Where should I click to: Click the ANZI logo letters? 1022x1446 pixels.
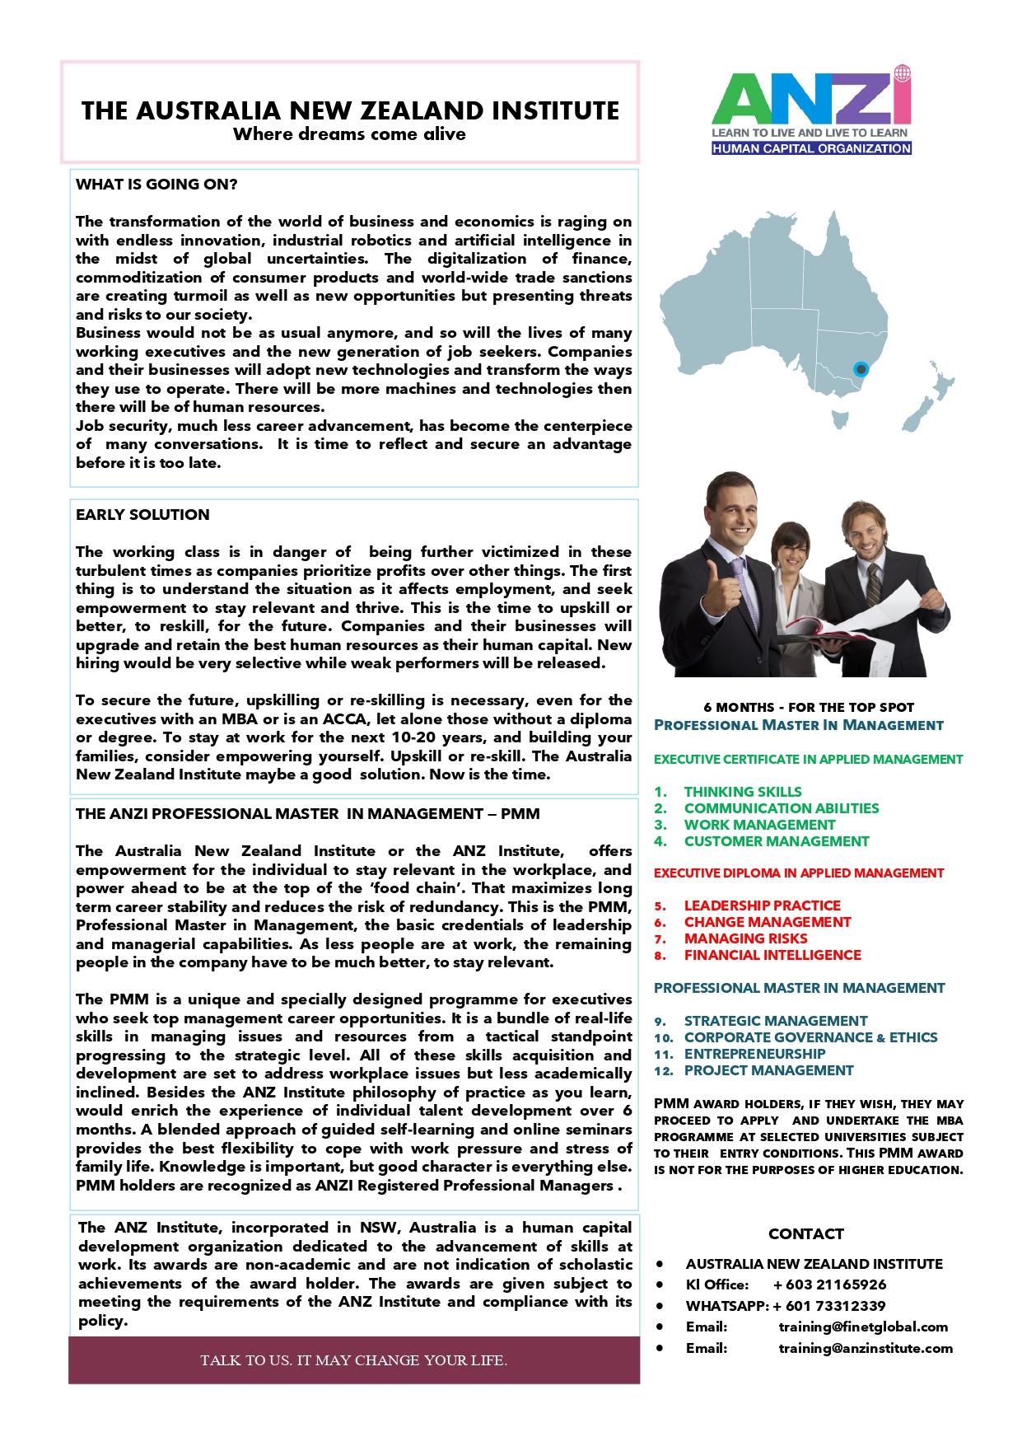810,100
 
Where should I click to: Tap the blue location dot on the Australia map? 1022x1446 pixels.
861,369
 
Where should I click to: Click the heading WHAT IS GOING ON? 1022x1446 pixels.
156,185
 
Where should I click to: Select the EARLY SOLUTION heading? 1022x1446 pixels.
142,515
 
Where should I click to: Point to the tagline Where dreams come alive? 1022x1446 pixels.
349,134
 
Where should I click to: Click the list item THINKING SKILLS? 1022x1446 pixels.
742,792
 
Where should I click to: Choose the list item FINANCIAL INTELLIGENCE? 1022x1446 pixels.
772,955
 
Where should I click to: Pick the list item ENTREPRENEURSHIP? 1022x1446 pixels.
754,1054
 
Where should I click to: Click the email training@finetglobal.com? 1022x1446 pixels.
863,1327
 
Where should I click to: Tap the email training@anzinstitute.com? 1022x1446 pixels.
866,1348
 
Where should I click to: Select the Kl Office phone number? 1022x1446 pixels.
829,1285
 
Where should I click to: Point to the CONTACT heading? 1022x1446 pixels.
805,1233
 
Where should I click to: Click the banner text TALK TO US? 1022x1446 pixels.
353,1360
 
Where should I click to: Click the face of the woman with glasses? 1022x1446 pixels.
794,550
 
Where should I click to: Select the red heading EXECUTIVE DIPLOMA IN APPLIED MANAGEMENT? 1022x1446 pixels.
798,873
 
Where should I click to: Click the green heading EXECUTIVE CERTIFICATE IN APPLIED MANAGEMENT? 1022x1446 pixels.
808,760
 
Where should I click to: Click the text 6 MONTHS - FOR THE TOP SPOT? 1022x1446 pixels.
808,707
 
